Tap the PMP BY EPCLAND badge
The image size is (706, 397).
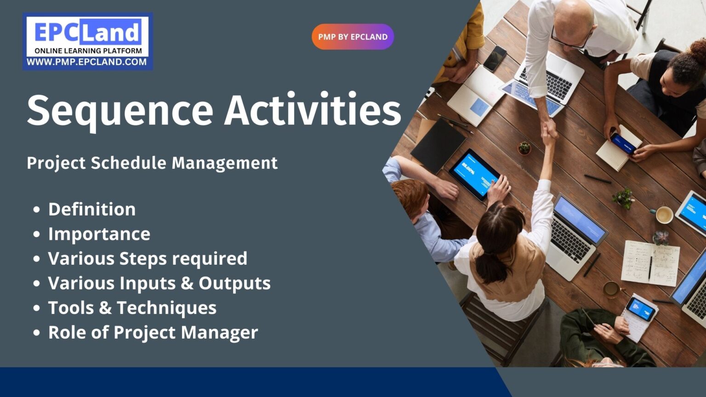tap(353, 37)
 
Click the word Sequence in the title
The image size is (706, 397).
tap(120, 111)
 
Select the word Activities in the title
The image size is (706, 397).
tap(313, 110)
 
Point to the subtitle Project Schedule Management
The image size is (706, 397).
tap(152, 163)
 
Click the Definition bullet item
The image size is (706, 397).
tap(92, 210)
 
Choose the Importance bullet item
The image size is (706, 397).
tap(99, 234)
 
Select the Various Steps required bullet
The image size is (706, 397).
tap(148, 259)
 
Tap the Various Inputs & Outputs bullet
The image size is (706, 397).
tap(159, 284)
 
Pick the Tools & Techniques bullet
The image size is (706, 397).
tap(132, 308)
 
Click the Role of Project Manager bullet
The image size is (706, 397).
tap(153, 333)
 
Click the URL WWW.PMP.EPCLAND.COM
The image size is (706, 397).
tap(87, 62)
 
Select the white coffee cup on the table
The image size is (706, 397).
tap(664, 215)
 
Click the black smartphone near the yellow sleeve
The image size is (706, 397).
tap(495, 58)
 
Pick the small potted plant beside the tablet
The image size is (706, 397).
tap(524, 147)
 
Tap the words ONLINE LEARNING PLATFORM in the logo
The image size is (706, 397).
tap(88, 51)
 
